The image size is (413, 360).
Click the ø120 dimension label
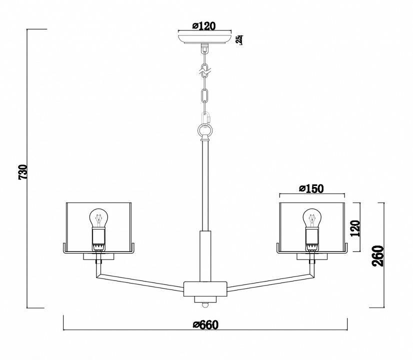204,25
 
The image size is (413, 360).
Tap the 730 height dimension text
23,172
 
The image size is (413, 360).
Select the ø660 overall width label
205,324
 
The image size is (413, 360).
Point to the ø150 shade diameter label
311,188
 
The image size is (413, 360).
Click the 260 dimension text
378,256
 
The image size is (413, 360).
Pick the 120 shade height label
355,228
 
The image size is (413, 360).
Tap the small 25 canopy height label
239,40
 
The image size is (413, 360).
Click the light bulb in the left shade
99,218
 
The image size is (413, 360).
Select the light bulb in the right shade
312,218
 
